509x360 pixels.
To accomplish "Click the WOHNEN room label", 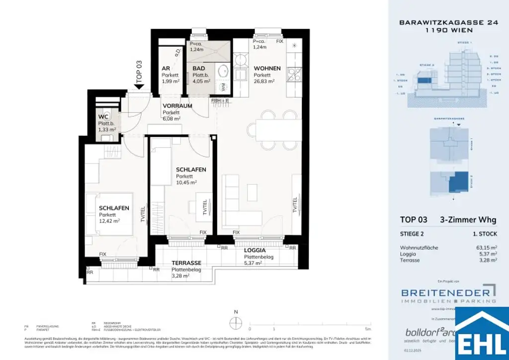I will (x=267, y=68).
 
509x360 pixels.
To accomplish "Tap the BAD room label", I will (x=198, y=68).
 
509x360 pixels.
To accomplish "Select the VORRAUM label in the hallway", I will (x=177, y=105).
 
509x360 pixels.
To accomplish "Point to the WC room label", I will (x=103, y=117).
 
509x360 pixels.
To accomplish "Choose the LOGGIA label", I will (x=255, y=251).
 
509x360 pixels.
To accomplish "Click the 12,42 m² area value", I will (x=110, y=222).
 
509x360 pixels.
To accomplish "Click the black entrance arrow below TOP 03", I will (x=139, y=86).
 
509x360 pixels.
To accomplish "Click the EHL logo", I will (x=482, y=334).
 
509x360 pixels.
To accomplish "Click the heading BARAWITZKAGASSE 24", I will (x=436, y=22).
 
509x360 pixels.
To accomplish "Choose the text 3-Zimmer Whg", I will (x=468, y=220).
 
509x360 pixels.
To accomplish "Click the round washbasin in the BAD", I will (x=223, y=69).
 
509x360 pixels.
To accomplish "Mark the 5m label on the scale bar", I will (x=367, y=329).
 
